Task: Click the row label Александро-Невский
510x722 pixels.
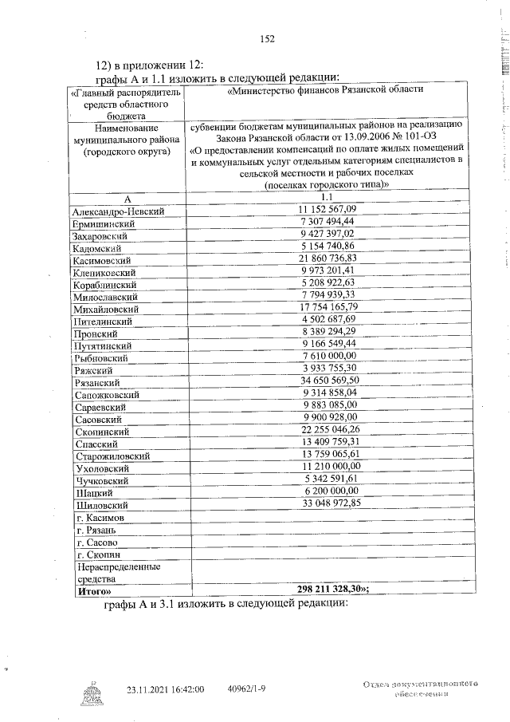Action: coord(118,211)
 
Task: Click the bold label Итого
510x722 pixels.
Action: coord(94,593)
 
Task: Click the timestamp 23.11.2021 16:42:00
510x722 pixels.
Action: coord(166,688)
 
